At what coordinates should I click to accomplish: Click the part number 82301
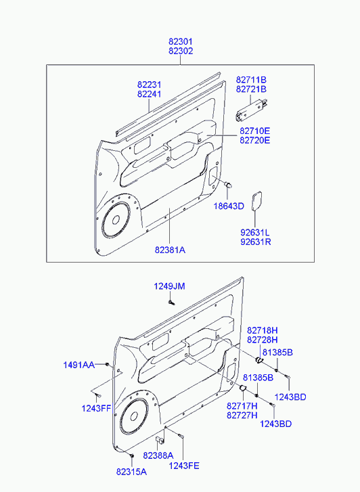[181, 41]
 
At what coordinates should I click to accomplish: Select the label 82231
[149, 85]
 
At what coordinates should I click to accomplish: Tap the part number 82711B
[251, 80]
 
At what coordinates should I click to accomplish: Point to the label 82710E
[254, 131]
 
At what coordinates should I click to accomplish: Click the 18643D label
[229, 206]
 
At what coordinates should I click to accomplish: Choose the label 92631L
[255, 233]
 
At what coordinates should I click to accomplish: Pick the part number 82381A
[170, 250]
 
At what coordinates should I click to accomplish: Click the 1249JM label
[169, 286]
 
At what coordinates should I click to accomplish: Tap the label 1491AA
[78, 365]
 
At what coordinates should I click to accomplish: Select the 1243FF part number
[96, 408]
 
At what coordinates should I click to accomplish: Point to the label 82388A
[158, 455]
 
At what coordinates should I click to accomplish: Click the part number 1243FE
[184, 466]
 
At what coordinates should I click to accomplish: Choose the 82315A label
[131, 472]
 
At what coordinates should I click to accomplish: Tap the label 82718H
[263, 330]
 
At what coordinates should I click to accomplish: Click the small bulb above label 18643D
[228, 185]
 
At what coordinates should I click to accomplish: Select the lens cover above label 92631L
[256, 201]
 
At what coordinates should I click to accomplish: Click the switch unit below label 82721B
[252, 109]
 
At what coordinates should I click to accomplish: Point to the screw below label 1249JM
[171, 303]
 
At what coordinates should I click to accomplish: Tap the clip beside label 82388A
[160, 440]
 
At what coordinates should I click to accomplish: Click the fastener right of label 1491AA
[108, 364]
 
